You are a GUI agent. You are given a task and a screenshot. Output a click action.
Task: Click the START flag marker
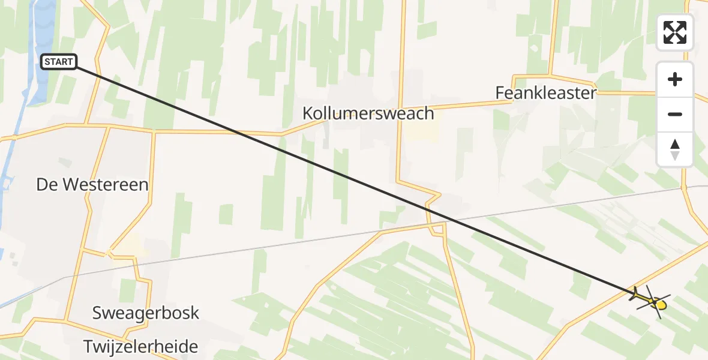(x=59, y=61)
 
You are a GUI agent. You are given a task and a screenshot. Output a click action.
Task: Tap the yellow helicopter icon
(x=652, y=299)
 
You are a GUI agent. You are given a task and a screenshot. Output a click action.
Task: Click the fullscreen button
(x=675, y=32)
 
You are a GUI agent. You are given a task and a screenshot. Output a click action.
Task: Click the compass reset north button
(x=675, y=149)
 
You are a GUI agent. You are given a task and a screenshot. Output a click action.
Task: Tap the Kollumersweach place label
(x=368, y=113)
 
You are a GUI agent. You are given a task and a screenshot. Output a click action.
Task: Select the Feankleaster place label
(x=546, y=93)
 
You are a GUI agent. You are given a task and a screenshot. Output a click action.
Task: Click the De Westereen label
(x=92, y=184)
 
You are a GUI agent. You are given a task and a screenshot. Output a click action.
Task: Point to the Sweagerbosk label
(x=145, y=313)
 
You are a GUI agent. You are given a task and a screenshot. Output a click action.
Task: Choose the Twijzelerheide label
(x=141, y=346)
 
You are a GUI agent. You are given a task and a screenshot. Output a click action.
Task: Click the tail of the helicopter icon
(x=635, y=293)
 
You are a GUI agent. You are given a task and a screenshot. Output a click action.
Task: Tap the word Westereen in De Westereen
(x=108, y=184)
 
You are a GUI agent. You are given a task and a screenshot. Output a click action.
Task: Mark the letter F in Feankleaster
(x=500, y=93)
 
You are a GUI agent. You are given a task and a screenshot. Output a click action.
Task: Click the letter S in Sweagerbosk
(x=97, y=313)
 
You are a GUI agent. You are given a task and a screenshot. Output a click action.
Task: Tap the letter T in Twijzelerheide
(x=88, y=346)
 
